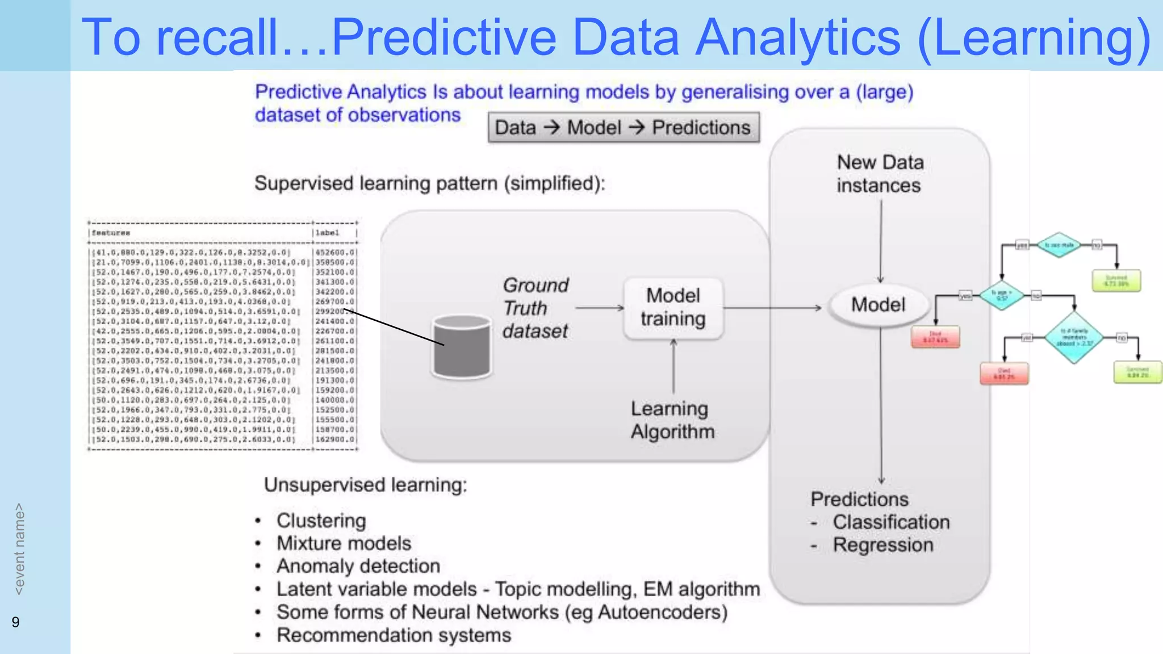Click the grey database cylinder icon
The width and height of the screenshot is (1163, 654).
point(461,347)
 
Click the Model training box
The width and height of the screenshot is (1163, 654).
point(673,308)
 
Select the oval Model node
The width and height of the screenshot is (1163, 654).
point(878,305)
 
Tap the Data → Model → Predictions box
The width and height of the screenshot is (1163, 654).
point(623,127)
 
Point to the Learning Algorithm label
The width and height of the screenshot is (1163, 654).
point(672,420)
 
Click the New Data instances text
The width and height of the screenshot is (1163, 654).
point(880,174)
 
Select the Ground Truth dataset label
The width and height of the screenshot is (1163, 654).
point(535,308)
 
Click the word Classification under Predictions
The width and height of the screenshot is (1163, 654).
point(890,522)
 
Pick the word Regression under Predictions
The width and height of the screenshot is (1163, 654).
point(882,545)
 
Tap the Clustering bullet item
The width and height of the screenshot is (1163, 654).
point(321,521)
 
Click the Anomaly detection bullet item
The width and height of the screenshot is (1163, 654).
point(358,566)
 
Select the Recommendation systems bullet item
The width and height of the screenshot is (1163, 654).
point(394,635)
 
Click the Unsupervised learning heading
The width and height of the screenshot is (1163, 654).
point(365,485)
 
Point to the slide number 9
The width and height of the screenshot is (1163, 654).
point(15,622)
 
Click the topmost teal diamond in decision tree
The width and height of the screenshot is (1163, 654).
point(1059,245)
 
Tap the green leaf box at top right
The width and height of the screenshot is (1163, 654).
point(1116,280)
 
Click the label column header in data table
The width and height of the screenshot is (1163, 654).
point(328,233)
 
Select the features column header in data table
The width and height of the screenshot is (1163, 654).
point(111,233)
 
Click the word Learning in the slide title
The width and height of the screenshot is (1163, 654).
point(1034,37)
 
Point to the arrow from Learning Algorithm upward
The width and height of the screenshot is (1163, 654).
point(673,366)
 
